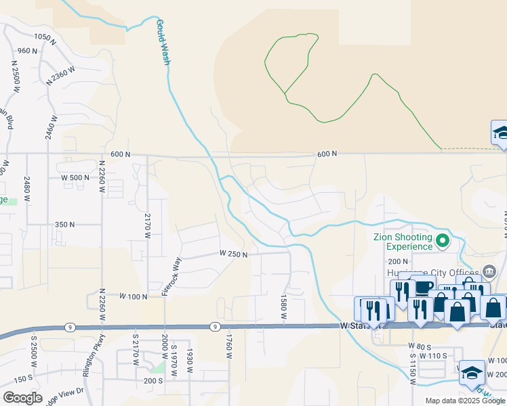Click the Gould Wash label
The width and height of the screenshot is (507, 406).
click(163, 42)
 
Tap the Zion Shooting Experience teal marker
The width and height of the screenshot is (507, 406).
click(443, 241)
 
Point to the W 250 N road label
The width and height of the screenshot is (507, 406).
click(233, 254)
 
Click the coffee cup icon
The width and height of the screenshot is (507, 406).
click(423, 288)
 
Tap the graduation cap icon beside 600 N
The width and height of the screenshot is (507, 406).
click(500, 132)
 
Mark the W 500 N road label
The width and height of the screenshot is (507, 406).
click(75, 178)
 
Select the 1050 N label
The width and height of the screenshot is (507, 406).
click(43, 37)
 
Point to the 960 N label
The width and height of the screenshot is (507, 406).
click(27, 51)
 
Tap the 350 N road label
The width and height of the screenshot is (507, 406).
click(65, 224)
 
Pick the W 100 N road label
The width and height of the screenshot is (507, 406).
click(134, 296)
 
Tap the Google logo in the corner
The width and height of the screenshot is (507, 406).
click(22, 398)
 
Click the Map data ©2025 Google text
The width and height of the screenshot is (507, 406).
click(464, 401)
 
